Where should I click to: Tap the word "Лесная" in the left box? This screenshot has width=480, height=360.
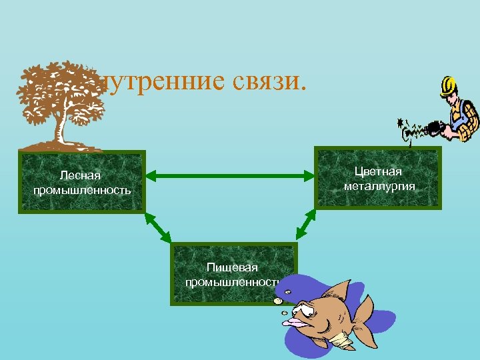(x=80, y=175)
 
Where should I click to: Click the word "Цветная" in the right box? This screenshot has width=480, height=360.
(x=379, y=172)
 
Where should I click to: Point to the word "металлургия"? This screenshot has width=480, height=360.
(x=379, y=186)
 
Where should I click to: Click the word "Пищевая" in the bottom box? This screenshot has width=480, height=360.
(x=232, y=267)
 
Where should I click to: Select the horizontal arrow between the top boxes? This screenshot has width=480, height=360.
(x=230, y=176)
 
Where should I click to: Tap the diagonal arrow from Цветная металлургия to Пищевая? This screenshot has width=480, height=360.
(x=307, y=224)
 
